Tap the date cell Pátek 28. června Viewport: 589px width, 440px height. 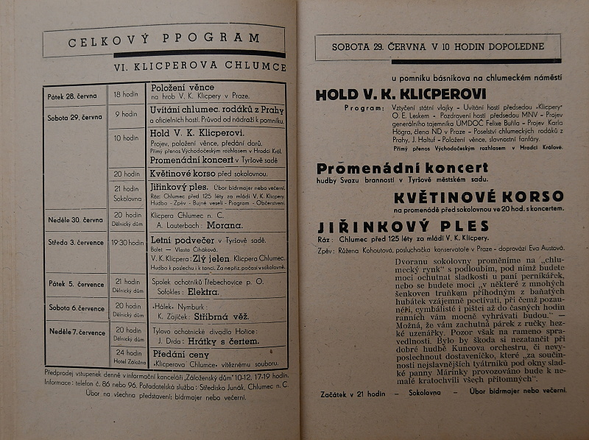(x=76, y=96)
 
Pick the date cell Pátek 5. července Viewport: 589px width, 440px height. (x=77, y=283)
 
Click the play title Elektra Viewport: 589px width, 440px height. (x=219, y=291)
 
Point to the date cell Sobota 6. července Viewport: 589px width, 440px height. (x=77, y=308)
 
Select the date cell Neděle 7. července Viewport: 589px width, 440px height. (x=77, y=332)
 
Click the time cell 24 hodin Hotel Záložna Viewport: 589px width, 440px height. (x=127, y=356)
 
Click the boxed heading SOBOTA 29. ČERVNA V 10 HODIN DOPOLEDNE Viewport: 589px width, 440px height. (x=438, y=47)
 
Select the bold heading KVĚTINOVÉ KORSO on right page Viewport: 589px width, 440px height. (x=478, y=196)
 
